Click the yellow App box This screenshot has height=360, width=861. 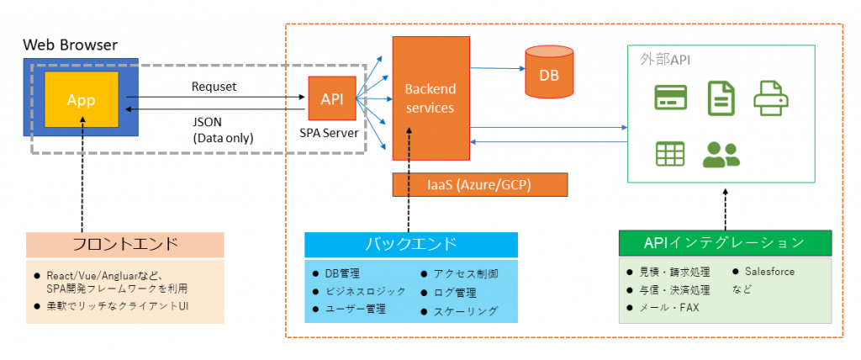[82, 99]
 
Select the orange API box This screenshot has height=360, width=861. [331, 98]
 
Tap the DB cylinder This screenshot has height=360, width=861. [549, 71]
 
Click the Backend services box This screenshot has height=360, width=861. [431, 98]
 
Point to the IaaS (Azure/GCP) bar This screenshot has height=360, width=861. [479, 185]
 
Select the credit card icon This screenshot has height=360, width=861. [670, 98]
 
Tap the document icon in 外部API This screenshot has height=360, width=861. [721, 98]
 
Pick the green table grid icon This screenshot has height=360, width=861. [670, 154]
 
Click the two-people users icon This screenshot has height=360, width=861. [721, 155]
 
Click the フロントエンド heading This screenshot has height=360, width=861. [125, 245]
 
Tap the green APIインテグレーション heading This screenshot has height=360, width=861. [726, 243]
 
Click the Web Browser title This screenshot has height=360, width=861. [70, 45]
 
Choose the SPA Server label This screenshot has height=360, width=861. [329, 132]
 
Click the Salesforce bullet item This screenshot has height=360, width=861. [763, 272]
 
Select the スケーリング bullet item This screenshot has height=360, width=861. [460, 311]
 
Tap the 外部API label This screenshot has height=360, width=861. [666, 60]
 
